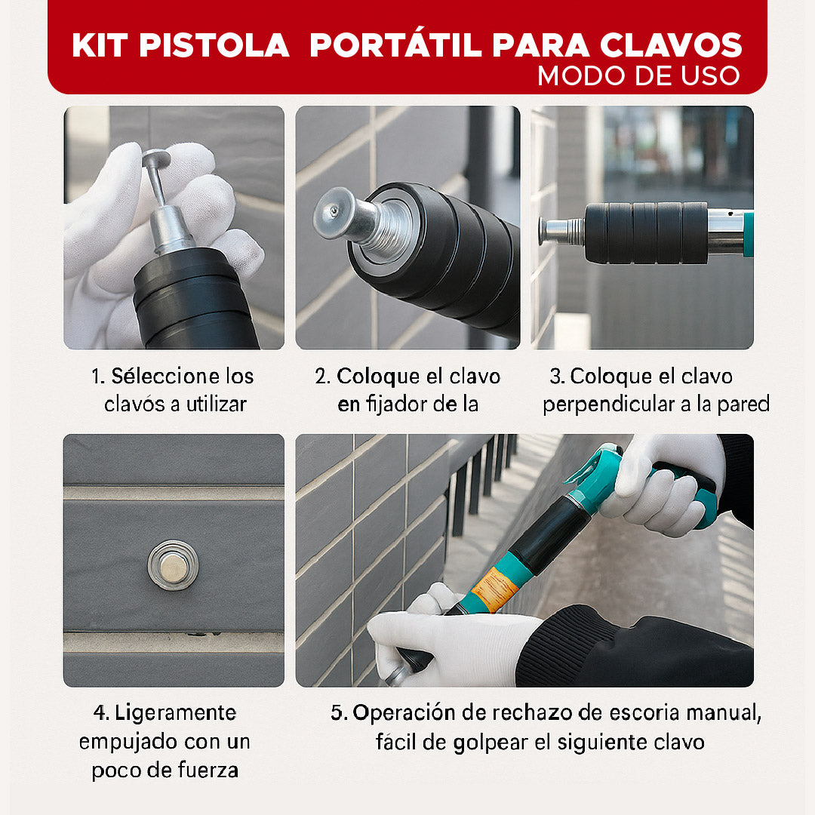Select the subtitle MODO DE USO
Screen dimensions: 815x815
[638, 75]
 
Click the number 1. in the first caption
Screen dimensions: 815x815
[98, 377]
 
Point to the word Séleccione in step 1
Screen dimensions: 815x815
[155, 377]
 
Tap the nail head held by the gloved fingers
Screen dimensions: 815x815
[156, 159]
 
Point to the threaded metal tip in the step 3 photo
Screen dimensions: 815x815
[562, 231]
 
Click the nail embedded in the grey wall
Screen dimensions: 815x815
[173, 564]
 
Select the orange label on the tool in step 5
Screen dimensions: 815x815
[494, 589]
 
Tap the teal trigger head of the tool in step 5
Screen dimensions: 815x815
[596, 475]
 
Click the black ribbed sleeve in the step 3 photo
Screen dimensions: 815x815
[646, 232]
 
